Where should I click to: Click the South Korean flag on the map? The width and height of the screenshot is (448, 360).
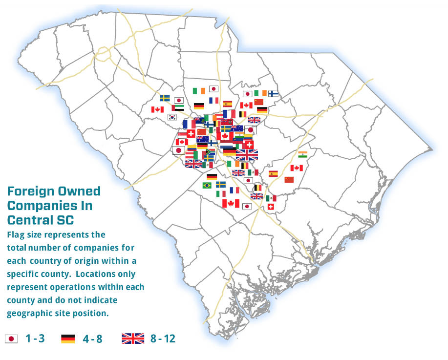pyautogui.click(x=172, y=117)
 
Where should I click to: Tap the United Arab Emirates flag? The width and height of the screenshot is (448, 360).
pyautogui.click(x=178, y=107)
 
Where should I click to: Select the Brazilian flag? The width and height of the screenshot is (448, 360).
pyautogui.click(x=207, y=186)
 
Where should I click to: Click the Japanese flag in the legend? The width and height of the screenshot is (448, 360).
pyautogui.click(x=11, y=338)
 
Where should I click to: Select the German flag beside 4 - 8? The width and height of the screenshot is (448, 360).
pyautogui.click(x=68, y=338)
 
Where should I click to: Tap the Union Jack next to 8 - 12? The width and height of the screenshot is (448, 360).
pyautogui.click(x=133, y=338)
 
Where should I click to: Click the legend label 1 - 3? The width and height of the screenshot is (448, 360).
pyautogui.click(x=35, y=338)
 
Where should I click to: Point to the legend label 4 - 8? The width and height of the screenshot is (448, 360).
pyautogui.click(x=92, y=338)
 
